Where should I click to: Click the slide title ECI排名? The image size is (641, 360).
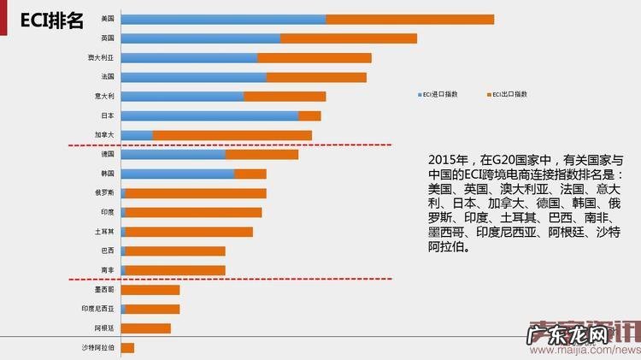pyautogui.click(x=52, y=21)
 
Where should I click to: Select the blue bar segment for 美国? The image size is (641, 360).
pyautogui.click(x=223, y=19)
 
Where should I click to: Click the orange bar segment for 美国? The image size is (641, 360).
pyautogui.click(x=409, y=19)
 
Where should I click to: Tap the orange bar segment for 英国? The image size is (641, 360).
pyautogui.click(x=349, y=38)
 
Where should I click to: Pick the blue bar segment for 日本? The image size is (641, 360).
pyautogui.click(x=209, y=115)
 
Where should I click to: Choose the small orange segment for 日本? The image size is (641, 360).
pyautogui.click(x=309, y=115)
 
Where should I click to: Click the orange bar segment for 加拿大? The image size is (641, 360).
pyautogui.click(x=232, y=135)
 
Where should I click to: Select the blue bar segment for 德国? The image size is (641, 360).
pyautogui.click(x=173, y=155)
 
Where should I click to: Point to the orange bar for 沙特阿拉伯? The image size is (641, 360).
pyautogui.click(x=127, y=348)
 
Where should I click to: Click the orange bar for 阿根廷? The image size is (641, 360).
pyautogui.click(x=145, y=328)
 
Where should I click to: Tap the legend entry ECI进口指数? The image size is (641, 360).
pyautogui.click(x=441, y=93)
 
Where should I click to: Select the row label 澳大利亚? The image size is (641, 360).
pyautogui.click(x=101, y=58)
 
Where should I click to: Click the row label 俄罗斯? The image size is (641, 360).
pyautogui.click(x=104, y=193)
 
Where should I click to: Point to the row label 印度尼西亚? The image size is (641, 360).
pyautogui.click(x=97, y=309)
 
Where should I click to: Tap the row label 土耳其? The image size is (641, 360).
pyautogui.click(x=104, y=232)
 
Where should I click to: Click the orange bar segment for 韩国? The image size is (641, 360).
pyautogui.click(x=250, y=174)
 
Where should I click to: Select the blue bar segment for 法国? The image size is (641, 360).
pyautogui.click(x=193, y=77)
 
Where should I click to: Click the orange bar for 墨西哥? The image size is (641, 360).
pyautogui.click(x=150, y=290)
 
